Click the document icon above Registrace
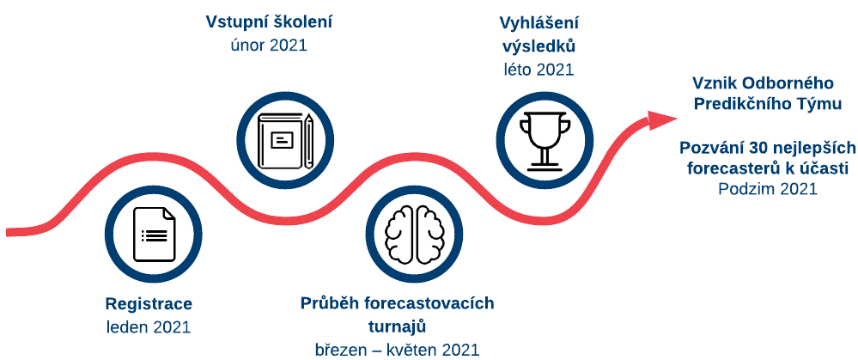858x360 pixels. [x=154, y=235]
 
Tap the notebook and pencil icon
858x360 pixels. [x=286, y=140]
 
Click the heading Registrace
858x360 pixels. [x=149, y=304]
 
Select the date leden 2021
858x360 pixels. [x=149, y=327]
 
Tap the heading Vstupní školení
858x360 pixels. [x=269, y=22]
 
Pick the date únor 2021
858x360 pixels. [x=269, y=45]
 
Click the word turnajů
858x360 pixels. [x=397, y=327]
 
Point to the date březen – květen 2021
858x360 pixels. [x=397, y=350]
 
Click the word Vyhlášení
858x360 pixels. [x=539, y=23]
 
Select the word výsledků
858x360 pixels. [x=539, y=46]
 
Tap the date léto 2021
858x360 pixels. [x=539, y=70]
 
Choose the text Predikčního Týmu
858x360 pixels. [x=768, y=104]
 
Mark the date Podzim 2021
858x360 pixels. [x=768, y=189]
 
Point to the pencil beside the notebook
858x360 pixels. [x=308, y=140]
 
